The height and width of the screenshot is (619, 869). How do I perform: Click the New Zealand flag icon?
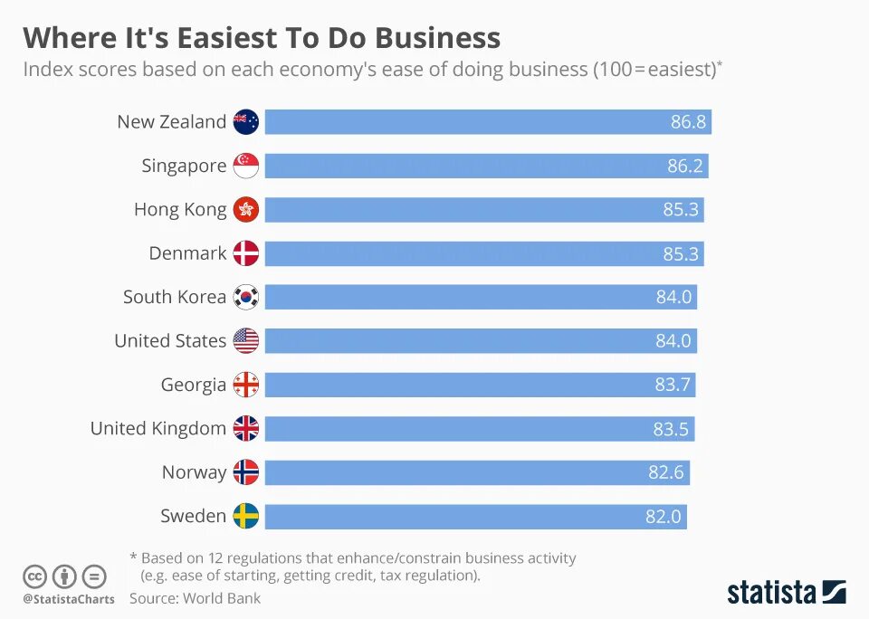246,122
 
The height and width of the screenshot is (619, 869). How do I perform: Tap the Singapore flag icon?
246,166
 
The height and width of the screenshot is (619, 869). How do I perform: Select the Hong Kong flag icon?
246,210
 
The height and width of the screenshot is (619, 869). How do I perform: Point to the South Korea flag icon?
246,297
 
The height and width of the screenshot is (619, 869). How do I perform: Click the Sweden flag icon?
246,516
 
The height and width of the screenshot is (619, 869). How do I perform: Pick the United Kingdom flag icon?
246,428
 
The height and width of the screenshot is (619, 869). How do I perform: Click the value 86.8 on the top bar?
688,122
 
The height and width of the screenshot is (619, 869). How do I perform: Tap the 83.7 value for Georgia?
673,385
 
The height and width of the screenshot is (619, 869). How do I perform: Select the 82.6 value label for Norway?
666,472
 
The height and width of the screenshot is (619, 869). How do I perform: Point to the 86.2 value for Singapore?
685,166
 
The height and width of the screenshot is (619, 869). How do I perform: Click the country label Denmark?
187,253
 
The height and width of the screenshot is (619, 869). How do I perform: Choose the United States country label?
170,341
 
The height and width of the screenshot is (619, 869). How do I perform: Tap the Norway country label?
194,472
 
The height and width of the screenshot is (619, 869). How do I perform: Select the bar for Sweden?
453,517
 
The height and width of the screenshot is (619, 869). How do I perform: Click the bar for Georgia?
453,385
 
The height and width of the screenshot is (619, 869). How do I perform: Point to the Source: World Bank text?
195,598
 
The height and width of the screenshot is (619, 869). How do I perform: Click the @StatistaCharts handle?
69,599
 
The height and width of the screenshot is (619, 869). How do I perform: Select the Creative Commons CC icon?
34,576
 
